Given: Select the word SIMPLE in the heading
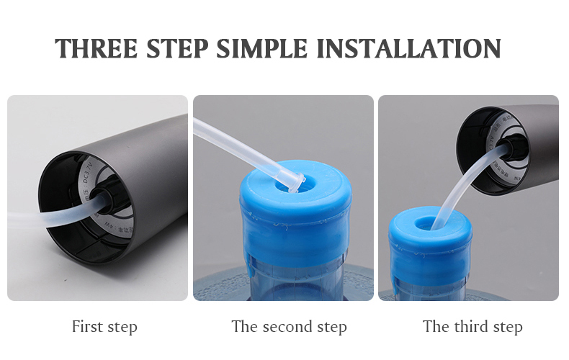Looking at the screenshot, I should click(264, 48).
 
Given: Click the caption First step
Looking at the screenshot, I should click(104, 326).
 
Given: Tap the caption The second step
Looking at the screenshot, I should click(289, 326).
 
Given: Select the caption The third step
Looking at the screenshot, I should click(472, 326).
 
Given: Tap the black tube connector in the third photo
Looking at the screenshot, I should click(517, 149).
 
